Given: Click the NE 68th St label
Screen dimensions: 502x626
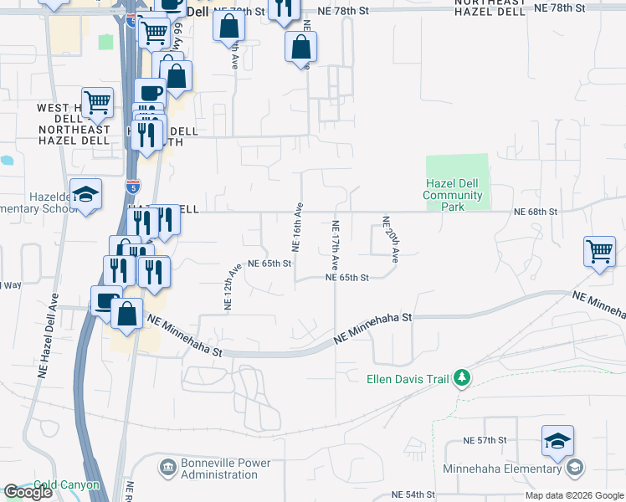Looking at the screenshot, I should point(536,213).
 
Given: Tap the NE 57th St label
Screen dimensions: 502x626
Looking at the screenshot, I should point(485,440).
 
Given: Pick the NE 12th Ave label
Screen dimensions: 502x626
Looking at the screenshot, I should point(231,287).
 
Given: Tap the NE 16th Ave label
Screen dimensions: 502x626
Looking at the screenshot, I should point(296,227).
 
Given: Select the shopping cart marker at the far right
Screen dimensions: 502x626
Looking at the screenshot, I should point(600,250).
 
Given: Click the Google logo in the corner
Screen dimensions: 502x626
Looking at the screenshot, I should point(28,492).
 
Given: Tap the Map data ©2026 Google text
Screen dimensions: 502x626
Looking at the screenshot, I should point(574,496).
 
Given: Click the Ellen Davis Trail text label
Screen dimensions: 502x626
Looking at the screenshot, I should point(408,379).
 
